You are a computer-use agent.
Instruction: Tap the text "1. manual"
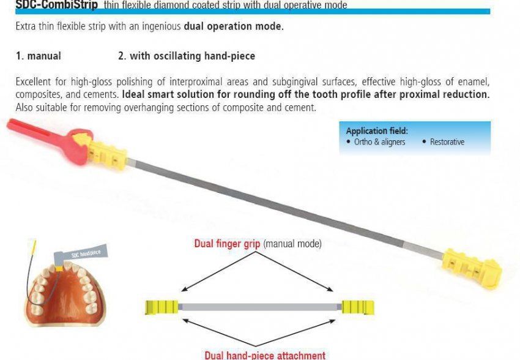(x=38, y=56)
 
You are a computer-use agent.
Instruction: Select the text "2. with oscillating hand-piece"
(x=186, y=56)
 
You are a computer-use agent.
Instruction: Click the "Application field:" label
(x=376, y=130)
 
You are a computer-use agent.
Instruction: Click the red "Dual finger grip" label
(x=227, y=244)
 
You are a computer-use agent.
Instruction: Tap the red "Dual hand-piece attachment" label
(x=264, y=354)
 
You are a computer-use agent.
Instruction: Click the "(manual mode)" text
(x=292, y=244)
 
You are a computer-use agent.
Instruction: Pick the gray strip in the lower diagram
(x=259, y=306)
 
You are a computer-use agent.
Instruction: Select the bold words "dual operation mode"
(x=233, y=27)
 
